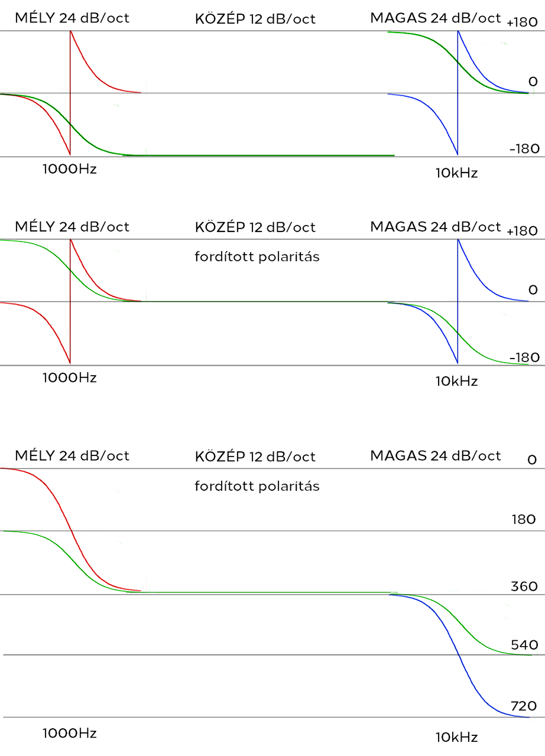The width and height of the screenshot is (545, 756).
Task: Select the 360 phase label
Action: (524, 586)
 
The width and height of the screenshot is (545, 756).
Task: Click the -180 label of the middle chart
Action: (524, 357)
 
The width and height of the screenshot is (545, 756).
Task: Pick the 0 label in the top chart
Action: (533, 82)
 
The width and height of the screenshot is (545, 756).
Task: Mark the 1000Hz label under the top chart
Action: (70, 169)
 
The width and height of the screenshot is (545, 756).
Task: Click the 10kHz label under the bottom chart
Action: (456, 737)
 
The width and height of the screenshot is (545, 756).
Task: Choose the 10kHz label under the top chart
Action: (456, 173)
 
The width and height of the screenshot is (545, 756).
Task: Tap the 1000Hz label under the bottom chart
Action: (70, 733)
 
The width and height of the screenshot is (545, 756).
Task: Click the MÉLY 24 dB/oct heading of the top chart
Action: (72, 18)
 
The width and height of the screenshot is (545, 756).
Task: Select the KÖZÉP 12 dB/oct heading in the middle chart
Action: (255, 227)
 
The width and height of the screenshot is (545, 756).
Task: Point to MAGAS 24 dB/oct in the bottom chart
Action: (436, 455)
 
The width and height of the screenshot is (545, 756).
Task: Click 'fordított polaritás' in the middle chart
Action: (257, 257)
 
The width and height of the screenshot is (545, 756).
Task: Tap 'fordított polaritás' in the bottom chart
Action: (257, 486)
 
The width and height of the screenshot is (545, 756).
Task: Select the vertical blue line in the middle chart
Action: (458, 301)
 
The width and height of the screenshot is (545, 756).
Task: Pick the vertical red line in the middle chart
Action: (70, 301)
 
